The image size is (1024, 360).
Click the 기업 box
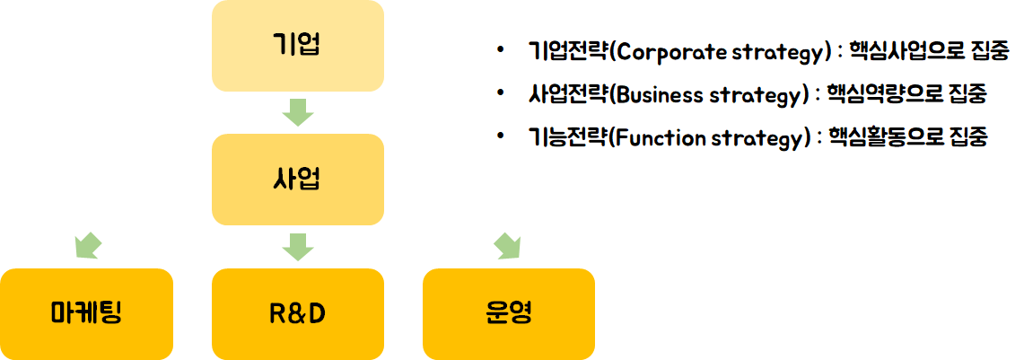pos(297,45)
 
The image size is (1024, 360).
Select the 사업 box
pos(297,179)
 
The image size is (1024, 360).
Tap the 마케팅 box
pos(86,313)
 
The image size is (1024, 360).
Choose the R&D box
pos(297,313)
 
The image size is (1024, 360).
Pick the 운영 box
pos(508,313)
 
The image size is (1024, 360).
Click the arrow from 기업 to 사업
pos(297,112)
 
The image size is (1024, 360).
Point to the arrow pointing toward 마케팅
pos(88,245)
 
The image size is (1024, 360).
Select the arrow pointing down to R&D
pos(297,245)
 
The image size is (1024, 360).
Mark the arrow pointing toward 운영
pos(507,245)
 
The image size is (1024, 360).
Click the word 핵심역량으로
pos(882,94)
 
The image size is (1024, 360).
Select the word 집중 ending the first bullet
pos(991,51)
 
